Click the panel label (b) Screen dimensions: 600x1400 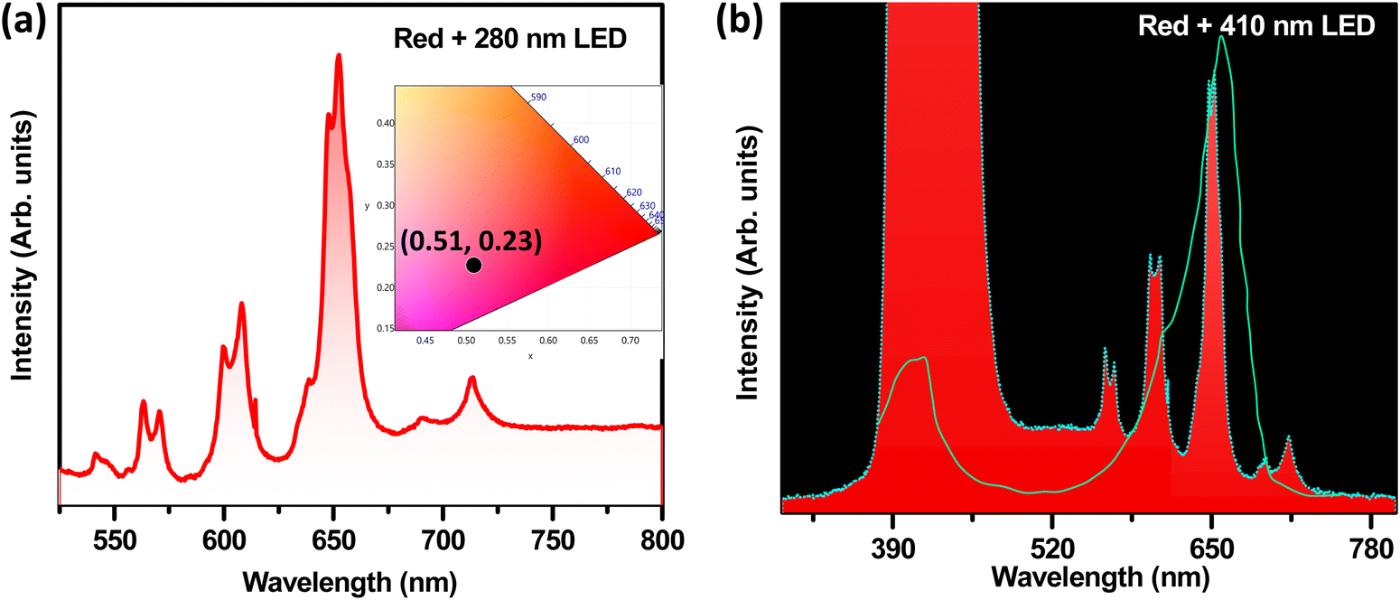tap(741, 23)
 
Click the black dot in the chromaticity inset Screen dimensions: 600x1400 tap(473, 265)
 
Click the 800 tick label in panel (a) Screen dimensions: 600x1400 tap(662, 540)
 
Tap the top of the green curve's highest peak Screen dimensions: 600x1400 tap(1221, 37)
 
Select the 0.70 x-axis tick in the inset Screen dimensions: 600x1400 tap(630, 341)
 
